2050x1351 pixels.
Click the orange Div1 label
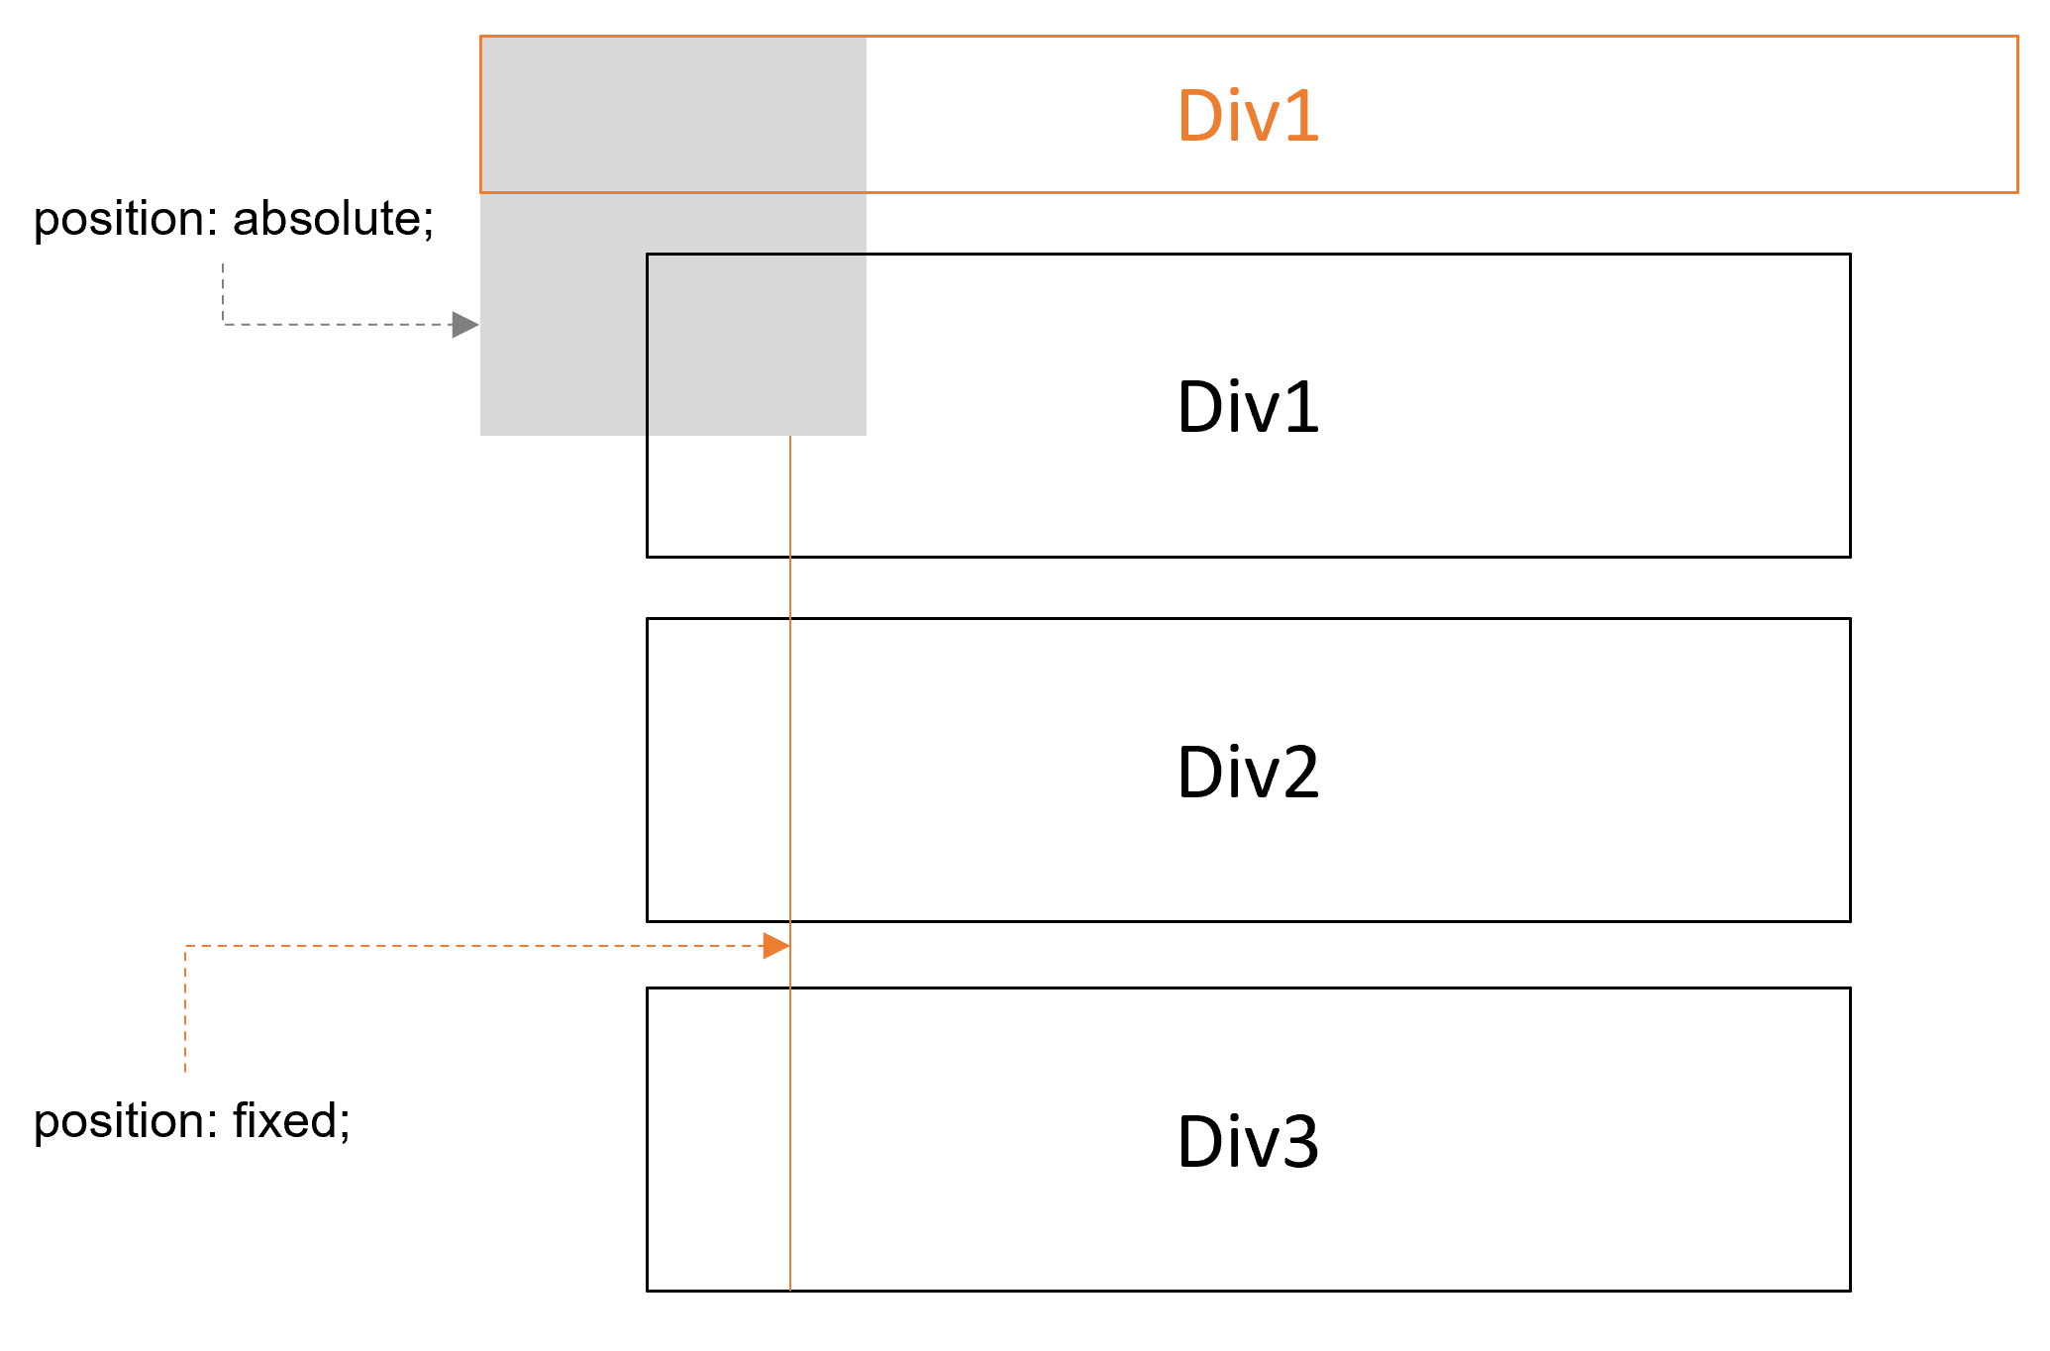[x=1248, y=116]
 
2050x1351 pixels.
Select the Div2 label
[x=1248, y=772]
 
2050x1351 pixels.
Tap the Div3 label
[x=1248, y=1141]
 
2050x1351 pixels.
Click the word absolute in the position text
[x=326, y=218]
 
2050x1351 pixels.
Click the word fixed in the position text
[x=285, y=1121]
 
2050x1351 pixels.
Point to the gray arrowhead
[x=464, y=324]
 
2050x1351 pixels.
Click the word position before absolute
[x=124, y=218]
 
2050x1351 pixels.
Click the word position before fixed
[x=124, y=1121]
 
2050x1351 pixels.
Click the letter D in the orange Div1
[x=1199, y=116]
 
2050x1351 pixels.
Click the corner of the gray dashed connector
[x=223, y=323]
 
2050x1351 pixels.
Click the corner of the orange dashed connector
[x=185, y=947]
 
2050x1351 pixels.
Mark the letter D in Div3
[x=1199, y=1141]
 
